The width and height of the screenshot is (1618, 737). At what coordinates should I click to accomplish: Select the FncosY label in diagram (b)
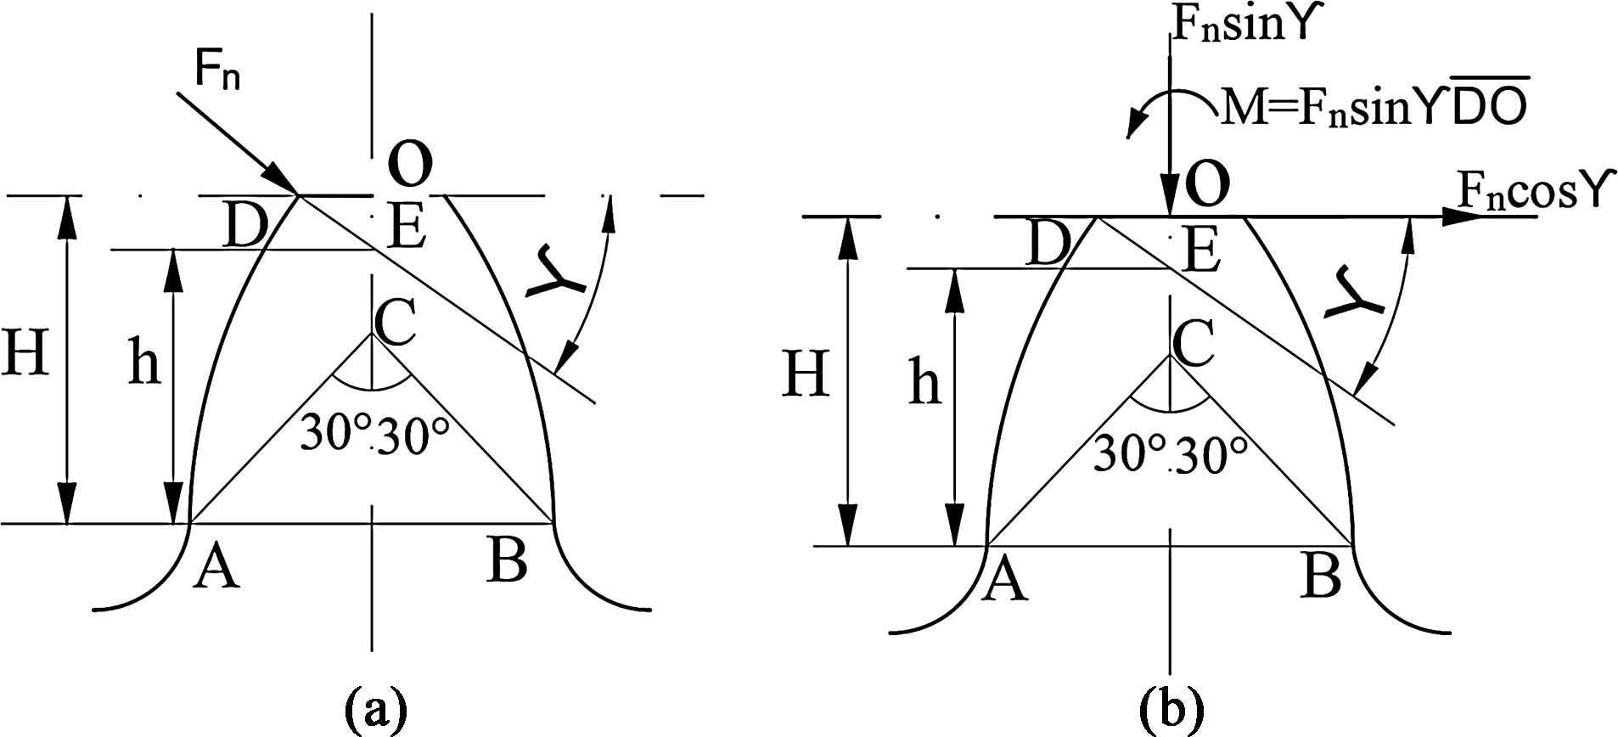(1533, 189)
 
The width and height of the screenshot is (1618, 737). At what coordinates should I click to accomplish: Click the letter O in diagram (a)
(410, 164)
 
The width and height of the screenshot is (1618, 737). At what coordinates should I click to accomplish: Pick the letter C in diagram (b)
(1193, 342)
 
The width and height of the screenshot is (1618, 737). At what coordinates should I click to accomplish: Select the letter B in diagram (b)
(1321, 575)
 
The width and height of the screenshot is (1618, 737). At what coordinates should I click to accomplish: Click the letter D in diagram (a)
(245, 226)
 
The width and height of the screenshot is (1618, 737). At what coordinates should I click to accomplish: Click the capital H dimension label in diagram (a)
(25, 352)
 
